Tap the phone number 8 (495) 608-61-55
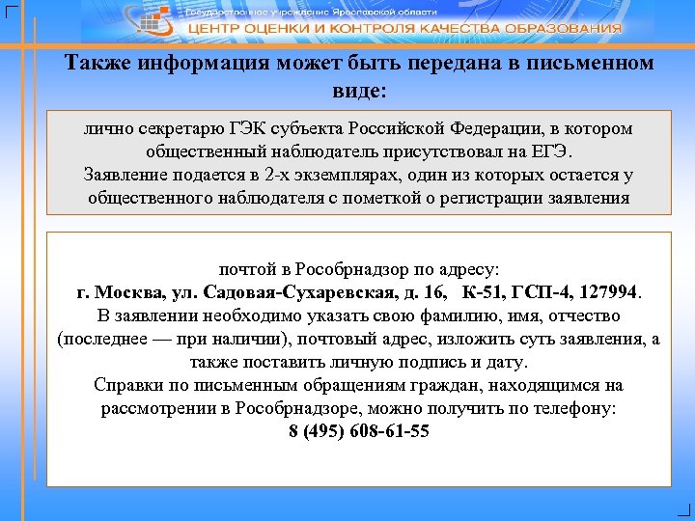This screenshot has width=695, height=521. (x=359, y=430)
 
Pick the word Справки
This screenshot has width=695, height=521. (x=125, y=385)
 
